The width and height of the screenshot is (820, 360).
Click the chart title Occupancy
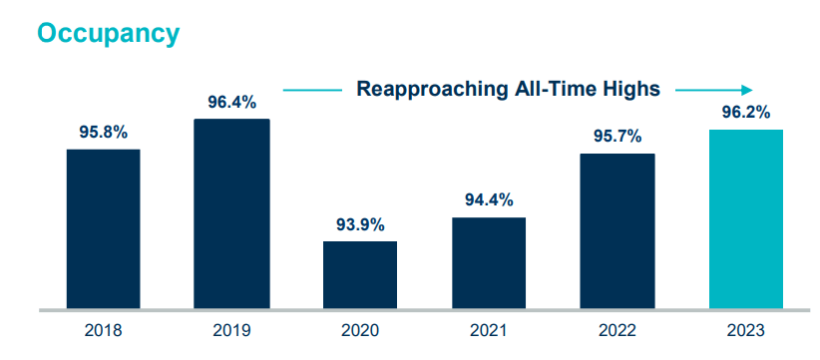coord(109,35)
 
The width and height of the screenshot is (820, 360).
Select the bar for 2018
coord(104,228)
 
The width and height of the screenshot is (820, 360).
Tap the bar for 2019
coord(231,213)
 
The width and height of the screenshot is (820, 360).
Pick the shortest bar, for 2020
coord(360,275)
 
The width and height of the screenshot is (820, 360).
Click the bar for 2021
coord(489,263)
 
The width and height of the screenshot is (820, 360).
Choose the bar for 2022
coord(617,231)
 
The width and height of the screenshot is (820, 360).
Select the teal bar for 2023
coord(746,219)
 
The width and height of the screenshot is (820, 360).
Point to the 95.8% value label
coord(104,133)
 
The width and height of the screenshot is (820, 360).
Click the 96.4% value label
coord(232,102)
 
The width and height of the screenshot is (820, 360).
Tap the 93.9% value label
coord(360,225)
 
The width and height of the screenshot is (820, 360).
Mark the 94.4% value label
coord(489,199)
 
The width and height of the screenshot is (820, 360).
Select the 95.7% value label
coord(617,137)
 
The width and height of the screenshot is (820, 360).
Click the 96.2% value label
coord(746,113)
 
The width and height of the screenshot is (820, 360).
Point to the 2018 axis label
coord(103,331)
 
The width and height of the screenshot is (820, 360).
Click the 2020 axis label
coord(360,331)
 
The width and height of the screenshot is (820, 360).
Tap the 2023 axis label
coord(746,331)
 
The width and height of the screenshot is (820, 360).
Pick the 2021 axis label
coord(489,331)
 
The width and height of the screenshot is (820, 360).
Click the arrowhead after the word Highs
coord(748,91)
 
